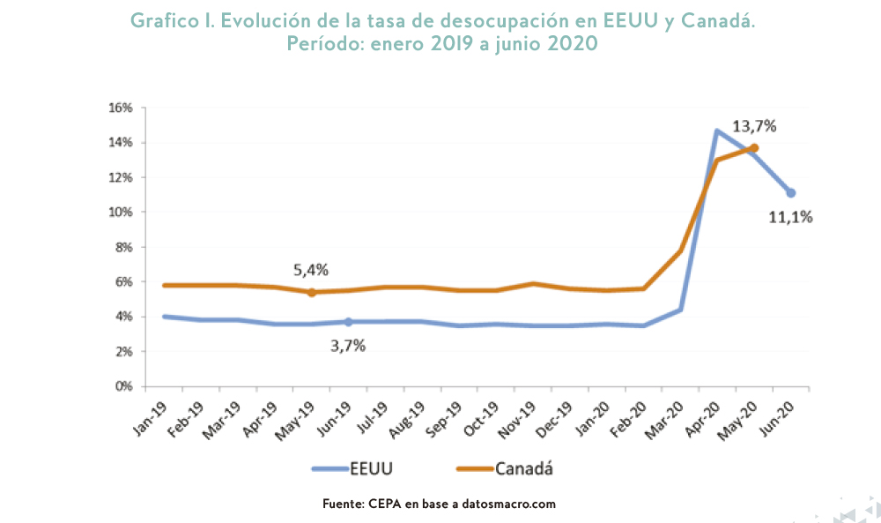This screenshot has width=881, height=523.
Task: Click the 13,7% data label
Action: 754,126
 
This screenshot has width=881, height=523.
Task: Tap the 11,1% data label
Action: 790,216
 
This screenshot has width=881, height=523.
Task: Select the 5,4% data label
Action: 312,270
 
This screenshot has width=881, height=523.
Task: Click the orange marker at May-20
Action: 754,148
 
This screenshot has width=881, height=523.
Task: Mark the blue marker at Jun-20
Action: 791,192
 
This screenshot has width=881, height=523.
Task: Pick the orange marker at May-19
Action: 312,292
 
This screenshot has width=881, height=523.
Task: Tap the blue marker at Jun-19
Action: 348,322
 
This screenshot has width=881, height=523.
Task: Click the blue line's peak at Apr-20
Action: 717,131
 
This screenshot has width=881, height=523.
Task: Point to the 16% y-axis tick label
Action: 120,108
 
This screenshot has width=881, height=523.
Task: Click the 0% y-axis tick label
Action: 123,386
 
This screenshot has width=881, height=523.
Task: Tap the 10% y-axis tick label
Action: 120,212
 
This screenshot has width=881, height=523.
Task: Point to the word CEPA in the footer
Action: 383,504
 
